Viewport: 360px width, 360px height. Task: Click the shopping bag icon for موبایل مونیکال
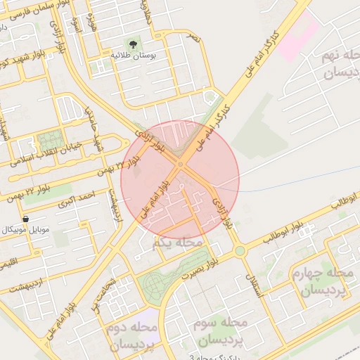click(x=26, y=219)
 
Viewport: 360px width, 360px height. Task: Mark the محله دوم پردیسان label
click(x=134, y=337)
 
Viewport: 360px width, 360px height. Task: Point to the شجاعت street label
click(x=105, y=292)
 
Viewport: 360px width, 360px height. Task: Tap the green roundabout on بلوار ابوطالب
click(x=240, y=250)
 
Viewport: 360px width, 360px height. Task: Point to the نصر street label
click(x=193, y=37)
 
